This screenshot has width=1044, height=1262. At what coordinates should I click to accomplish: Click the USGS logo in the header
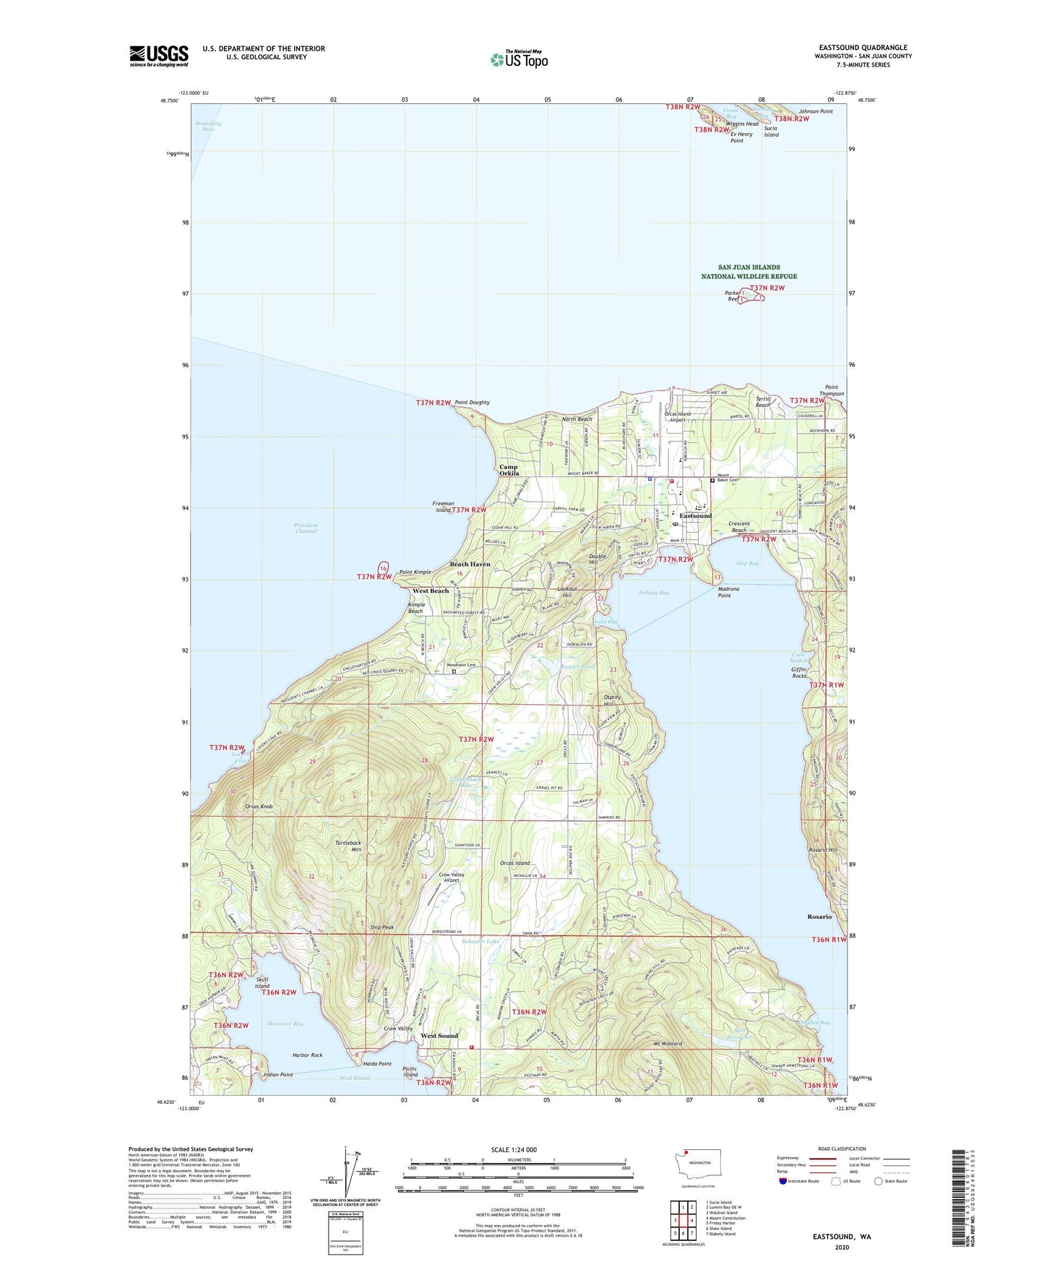click(159, 56)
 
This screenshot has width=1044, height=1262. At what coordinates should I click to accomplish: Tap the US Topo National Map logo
click(518, 59)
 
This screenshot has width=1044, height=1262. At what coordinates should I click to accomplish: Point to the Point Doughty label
click(472, 403)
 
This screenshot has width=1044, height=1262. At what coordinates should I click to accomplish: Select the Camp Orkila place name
click(509, 471)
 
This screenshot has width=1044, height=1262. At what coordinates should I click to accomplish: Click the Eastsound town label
click(695, 516)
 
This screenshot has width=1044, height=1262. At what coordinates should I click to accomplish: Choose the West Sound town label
click(439, 1036)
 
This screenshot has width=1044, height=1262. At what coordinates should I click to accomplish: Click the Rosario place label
click(819, 917)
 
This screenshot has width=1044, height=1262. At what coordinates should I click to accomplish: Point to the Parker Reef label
click(733, 296)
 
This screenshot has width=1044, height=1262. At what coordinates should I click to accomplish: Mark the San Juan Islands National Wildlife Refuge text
click(749, 272)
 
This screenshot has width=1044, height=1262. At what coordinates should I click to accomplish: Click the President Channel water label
click(306, 528)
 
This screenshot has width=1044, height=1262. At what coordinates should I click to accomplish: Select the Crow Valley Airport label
click(449, 877)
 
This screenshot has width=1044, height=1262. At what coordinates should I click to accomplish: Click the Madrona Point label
click(728, 593)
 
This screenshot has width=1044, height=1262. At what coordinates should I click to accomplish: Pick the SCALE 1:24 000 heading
click(514, 1149)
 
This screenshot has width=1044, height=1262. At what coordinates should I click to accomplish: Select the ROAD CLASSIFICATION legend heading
click(841, 1149)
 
